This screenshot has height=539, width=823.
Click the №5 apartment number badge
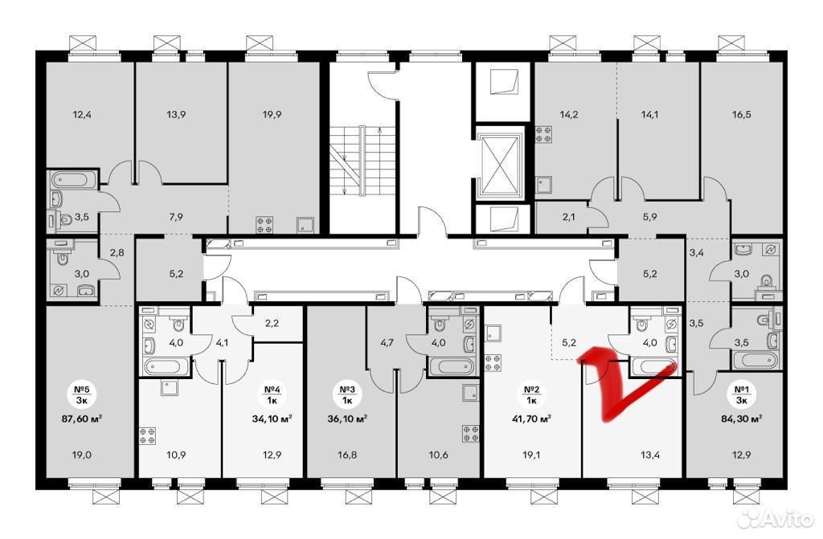pyautogui.click(x=82, y=394)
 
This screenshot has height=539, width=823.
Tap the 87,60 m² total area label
pyautogui.click(x=82, y=419)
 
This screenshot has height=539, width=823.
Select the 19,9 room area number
pyautogui.click(x=272, y=114)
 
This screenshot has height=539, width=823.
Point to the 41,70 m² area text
pyautogui.click(x=532, y=419)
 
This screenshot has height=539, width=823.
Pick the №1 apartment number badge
pyautogui.click(x=741, y=394)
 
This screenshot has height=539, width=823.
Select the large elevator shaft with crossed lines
pyautogui.click(x=500, y=165)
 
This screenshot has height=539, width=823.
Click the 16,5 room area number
pyautogui.click(x=741, y=114)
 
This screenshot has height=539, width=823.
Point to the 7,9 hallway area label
pyautogui.click(x=176, y=216)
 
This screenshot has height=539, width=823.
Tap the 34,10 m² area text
pyautogui.click(x=272, y=419)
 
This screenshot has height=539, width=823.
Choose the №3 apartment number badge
pyautogui.click(x=347, y=394)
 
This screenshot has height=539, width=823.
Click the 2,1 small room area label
pyautogui.click(x=568, y=216)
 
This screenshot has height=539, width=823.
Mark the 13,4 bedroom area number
pyautogui.click(x=649, y=455)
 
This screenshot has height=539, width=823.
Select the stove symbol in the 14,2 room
pyautogui.click(x=543, y=135)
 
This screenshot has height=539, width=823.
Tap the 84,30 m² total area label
pyautogui.click(x=741, y=419)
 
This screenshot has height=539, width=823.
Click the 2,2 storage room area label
pyautogui.click(x=272, y=323)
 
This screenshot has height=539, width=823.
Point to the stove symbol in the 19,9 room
pyautogui.click(x=264, y=225)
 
